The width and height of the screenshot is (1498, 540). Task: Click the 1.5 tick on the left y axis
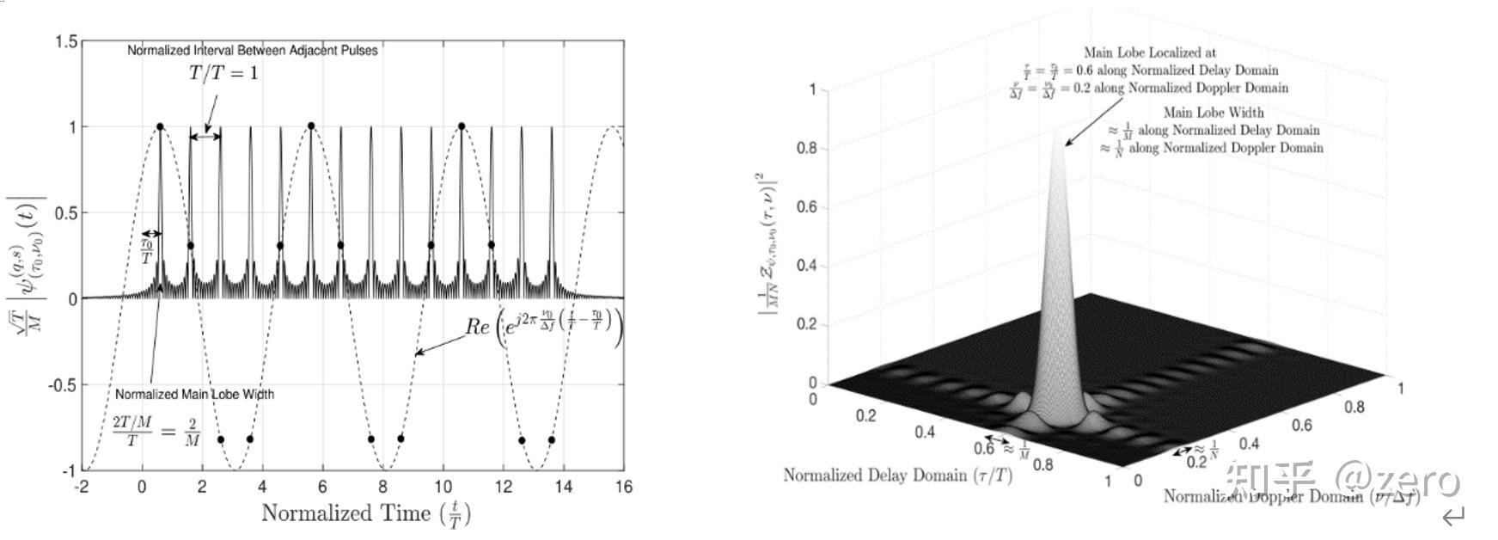pos(66,41)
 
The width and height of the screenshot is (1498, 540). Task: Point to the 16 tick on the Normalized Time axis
pos(623,487)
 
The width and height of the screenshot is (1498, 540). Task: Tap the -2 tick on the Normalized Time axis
pos(81,487)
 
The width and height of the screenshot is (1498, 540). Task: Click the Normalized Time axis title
pos(365,514)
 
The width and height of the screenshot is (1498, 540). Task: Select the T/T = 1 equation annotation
pos(223,74)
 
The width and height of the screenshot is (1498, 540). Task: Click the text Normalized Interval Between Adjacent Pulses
pos(253,51)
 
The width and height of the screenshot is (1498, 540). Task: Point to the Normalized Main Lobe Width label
pos(194,394)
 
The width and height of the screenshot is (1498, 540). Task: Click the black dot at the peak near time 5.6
pos(310,126)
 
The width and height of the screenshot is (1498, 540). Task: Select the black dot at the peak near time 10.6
pos(462,126)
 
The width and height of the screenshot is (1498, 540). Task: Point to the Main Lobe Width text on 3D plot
pos(1214,113)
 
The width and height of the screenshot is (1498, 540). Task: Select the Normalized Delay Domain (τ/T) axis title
pos(897,476)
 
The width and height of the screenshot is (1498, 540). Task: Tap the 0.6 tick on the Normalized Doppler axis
pos(1303,425)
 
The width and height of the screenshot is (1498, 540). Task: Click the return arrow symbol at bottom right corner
pos(1453,517)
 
